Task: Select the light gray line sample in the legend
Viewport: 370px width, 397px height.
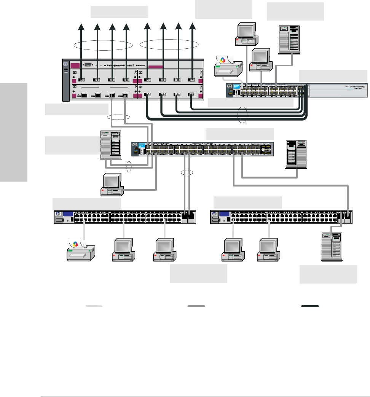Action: coord(94,306)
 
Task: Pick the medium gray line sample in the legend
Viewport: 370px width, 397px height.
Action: coord(196,306)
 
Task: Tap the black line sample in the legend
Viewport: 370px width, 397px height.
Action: coord(310,306)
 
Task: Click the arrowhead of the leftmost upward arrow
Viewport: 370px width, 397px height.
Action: coord(81,27)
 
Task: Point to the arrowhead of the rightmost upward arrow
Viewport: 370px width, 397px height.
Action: coord(193,27)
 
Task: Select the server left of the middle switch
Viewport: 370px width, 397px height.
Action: coord(110,145)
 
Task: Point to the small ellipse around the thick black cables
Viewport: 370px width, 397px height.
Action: coord(242,115)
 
